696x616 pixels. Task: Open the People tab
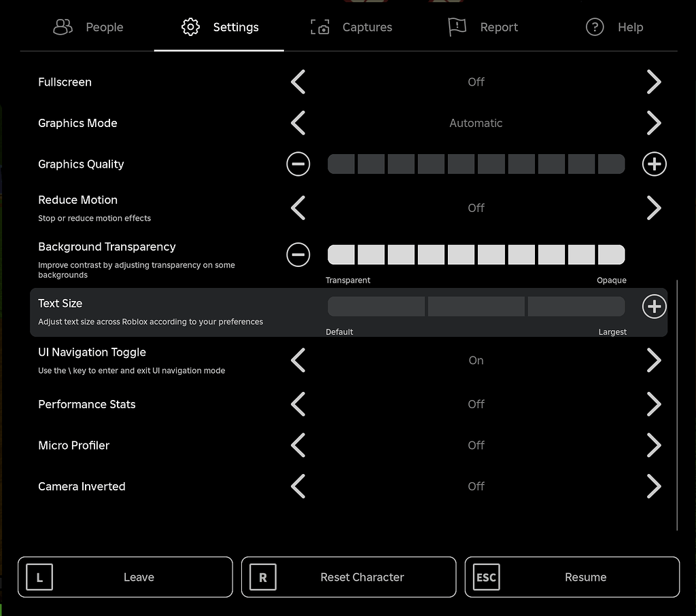(88, 27)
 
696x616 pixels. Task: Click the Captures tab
(351, 27)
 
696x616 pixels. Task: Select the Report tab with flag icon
(483, 27)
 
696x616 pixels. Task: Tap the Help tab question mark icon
(595, 27)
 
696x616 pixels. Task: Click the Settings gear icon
(190, 27)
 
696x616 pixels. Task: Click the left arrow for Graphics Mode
(298, 123)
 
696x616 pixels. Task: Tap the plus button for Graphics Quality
(655, 164)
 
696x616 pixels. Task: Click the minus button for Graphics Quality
(298, 164)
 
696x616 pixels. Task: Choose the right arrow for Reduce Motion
(654, 208)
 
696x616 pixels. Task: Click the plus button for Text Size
(655, 307)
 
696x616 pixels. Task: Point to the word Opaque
(612, 280)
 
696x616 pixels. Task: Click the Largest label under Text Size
(612, 332)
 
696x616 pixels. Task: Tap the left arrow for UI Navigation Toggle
(298, 361)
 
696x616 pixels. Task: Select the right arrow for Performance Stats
(654, 404)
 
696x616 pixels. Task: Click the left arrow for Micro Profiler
(298, 446)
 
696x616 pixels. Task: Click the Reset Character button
(349, 577)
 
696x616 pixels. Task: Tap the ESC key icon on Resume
(486, 578)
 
